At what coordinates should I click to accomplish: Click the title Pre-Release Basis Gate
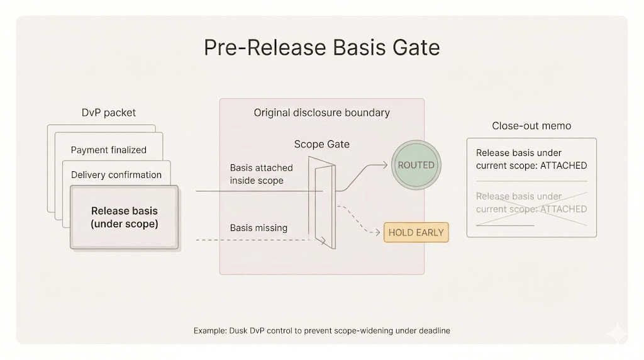click(x=321, y=48)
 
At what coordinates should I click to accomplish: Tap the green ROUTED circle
click(x=416, y=165)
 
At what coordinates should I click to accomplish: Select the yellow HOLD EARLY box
click(x=416, y=232)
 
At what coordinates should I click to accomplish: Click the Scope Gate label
click(x=321, y=144)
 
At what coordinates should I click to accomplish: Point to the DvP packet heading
click(x=109, y=113)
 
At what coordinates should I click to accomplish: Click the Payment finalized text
click(x=108, y=150)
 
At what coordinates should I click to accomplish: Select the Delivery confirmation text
click(x=116, y=175)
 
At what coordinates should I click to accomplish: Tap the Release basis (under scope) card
click(x=125, y=217)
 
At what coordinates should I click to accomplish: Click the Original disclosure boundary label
click(x=321, y=113)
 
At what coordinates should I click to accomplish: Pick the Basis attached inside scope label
click(x=257, y=174)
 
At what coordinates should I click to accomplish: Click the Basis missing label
click(x=258, y=228)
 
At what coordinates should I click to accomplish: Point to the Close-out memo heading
click(x=531, y=126)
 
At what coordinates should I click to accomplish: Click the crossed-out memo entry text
click(x=531, y=203)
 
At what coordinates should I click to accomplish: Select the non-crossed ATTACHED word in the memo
click(x=563, y=166)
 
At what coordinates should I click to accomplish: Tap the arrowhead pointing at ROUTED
click(x=386, y=166)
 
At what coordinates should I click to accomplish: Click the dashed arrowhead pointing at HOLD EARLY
click(x=379, y=232)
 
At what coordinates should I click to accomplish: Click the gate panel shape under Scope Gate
click(x=322, y=201)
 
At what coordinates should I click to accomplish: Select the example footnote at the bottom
click(x=321, y=331)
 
